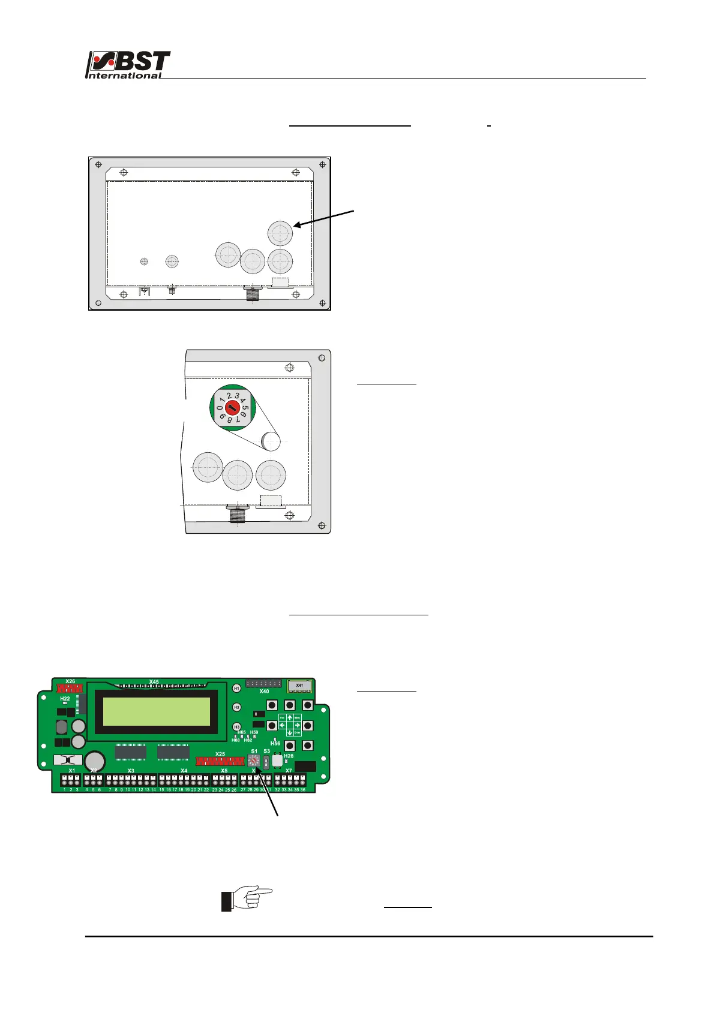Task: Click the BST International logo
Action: (x=128, y=65)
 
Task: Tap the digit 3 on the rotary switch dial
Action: (x=237, y=396)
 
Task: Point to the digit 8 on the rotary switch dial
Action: (x=230, y=420)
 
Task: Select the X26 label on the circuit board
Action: (x=70, y=681)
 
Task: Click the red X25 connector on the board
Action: (x=220, y=761)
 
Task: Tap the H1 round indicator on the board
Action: (x=236, y=688)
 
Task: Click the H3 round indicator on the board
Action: (x=236, y=727)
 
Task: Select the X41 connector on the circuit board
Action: (x=299, y=686)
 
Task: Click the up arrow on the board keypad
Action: (x=290, y=717)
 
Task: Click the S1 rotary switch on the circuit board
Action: (x=254, y=760)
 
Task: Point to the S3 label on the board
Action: (x=267, y=751)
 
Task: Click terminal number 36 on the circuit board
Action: (x=303, y=790)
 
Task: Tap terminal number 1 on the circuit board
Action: (x=64, y=790)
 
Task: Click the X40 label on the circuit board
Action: (x=264, y=692)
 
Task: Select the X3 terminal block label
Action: (x=131, y=771)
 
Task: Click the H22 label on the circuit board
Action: (x=65, y=699)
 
